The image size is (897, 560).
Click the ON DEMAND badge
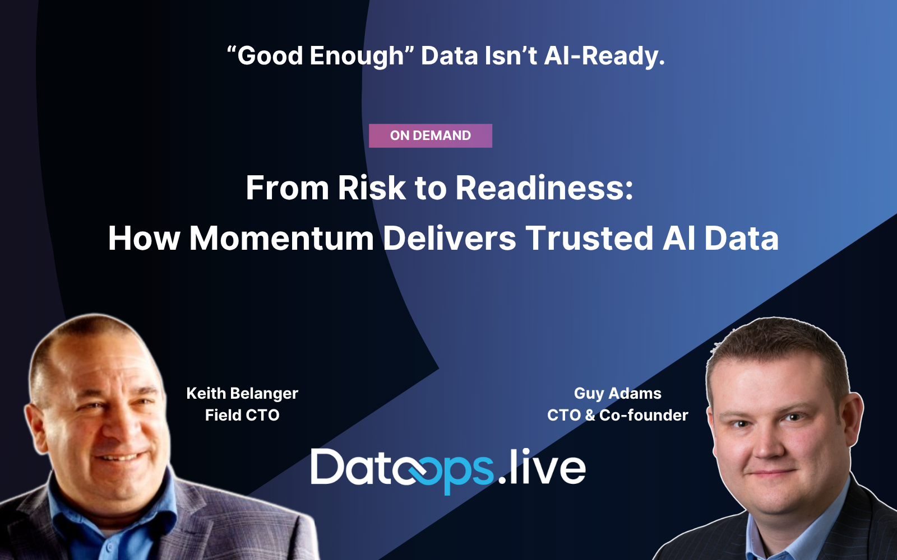(430, 136)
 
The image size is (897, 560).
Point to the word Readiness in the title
(544, 188)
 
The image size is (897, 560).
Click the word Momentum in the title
(281, 238)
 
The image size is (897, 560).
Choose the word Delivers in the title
(449, 238)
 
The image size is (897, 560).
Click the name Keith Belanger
(242, 393)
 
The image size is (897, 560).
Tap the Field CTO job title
(242, 415)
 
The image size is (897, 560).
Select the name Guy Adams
(617, 393)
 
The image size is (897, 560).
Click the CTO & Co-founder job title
(617, 415)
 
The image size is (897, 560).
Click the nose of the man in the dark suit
(771, 442)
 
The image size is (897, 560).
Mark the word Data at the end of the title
(741, 238)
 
